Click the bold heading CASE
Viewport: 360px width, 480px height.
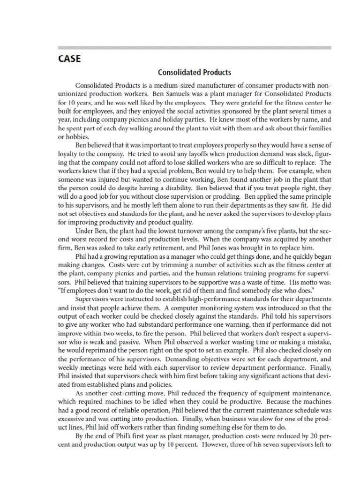coord(69,60)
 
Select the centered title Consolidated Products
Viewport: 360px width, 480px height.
coord(194,73)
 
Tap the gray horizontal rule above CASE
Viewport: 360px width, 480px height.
coord(194,48)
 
